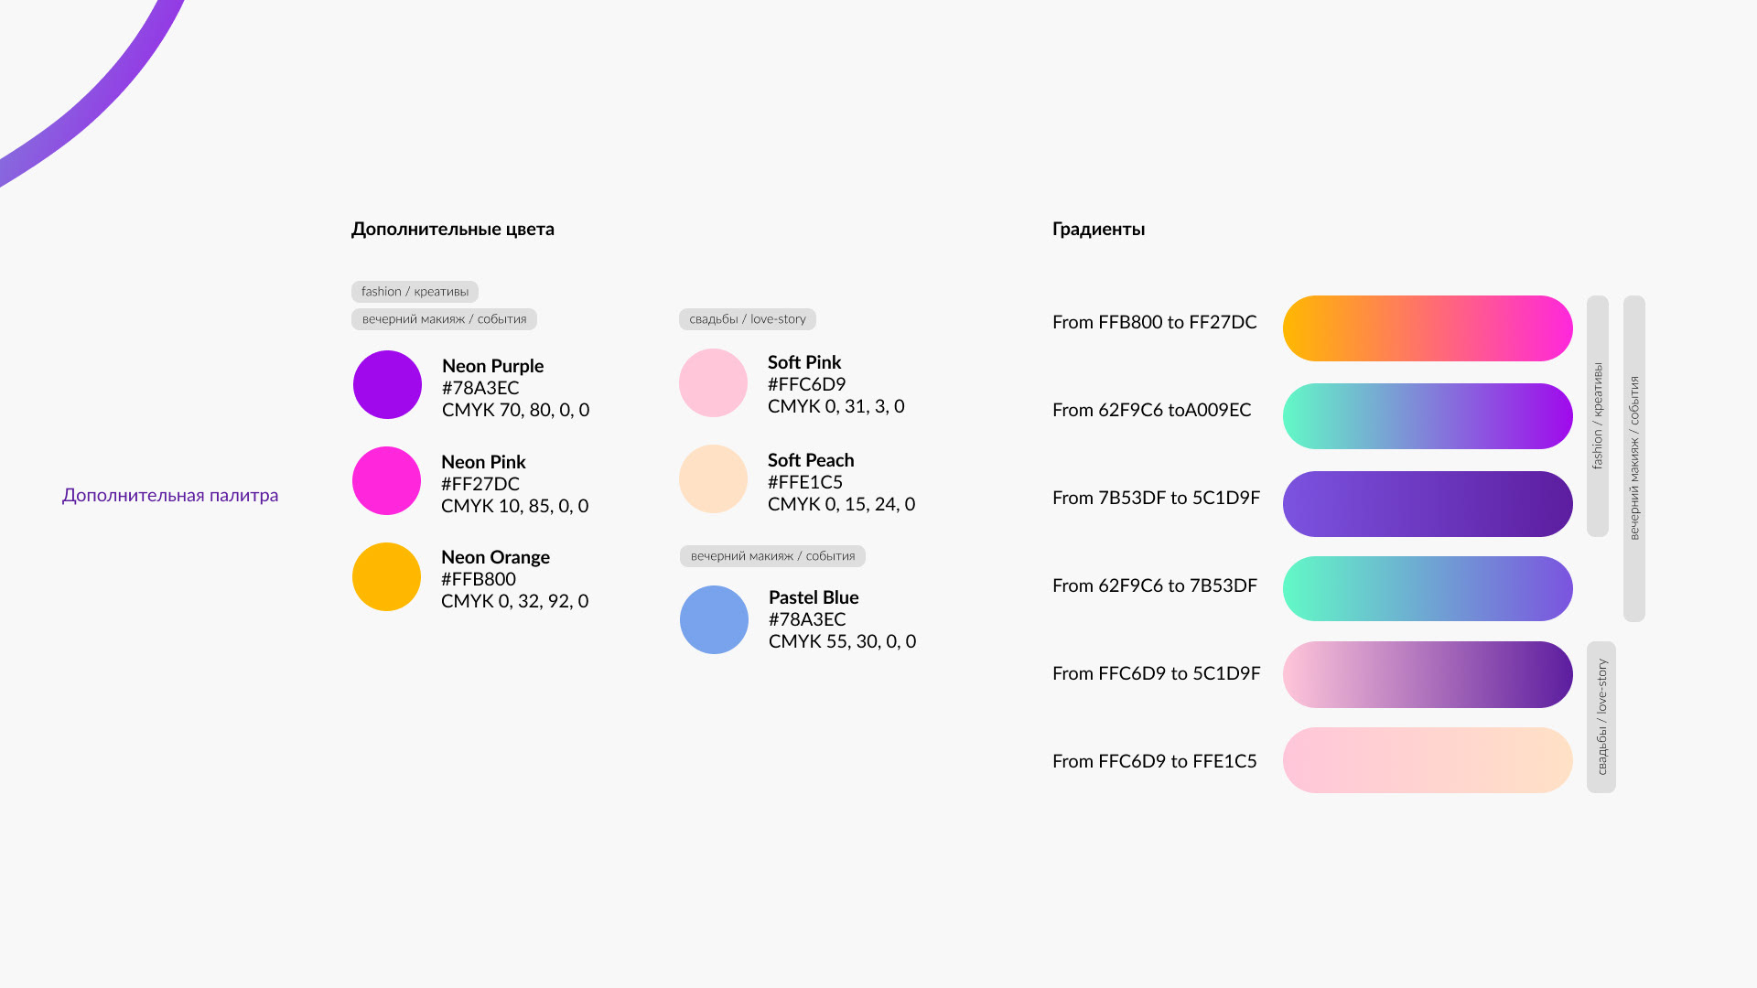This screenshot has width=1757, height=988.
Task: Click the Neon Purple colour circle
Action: pos(387,384)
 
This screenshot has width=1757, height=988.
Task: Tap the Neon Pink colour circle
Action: pos(386,480)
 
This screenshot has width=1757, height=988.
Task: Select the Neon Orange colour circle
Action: pos(386,576)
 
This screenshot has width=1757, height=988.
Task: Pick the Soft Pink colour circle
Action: pos(713,382)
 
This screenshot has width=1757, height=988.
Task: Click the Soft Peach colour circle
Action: pos(713,478)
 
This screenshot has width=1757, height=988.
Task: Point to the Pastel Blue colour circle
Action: pos(714,619)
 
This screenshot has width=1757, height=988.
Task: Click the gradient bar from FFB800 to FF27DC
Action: pos(1428,328)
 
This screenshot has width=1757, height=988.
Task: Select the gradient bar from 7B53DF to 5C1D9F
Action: pos(1428,504)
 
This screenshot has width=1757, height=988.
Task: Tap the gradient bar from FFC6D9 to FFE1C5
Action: pos(1428,760)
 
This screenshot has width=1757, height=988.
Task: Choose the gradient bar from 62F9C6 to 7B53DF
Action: pos(1428,588)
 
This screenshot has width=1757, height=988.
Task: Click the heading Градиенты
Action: pos(1098,230)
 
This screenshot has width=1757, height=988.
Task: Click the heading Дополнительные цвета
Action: pos(453,230)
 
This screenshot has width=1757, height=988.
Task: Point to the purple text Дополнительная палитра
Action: pos(170,495)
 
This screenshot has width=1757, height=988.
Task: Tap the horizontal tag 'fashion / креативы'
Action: pos(415,292)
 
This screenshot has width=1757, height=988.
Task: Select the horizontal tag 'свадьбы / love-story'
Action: pos(748,319)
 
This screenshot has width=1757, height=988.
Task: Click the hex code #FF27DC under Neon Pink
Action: pos(480,484)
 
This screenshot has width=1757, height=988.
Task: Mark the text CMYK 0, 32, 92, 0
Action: pos(514,601)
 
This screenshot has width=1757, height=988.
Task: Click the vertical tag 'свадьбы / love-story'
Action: pos(1601,717)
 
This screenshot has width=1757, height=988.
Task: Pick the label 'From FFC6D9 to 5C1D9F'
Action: pos(1157,673)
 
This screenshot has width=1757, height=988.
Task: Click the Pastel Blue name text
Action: pos(814,597)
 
